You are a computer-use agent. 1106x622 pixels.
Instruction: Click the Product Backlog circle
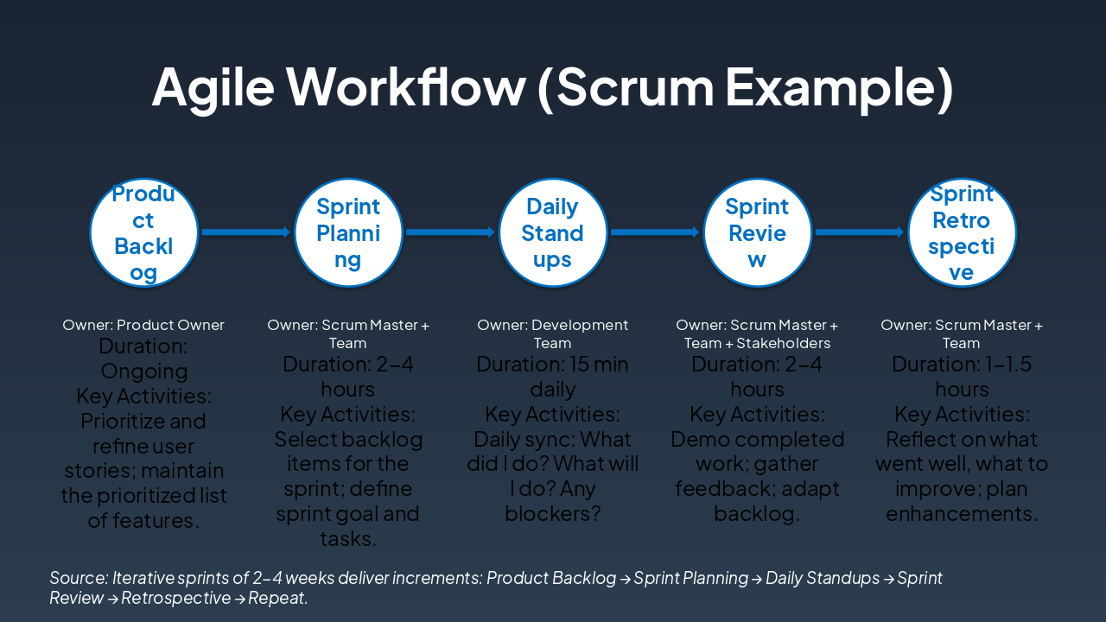pyautogui.click(x=144, y=232)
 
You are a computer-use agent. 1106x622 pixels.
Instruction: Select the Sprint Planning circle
pyautogui.click(x=348, y=232)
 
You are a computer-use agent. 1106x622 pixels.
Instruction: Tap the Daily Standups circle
pyautogui.click(x=553, y=232)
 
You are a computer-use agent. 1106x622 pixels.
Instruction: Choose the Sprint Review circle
pyautogui.click(x=757, y=232)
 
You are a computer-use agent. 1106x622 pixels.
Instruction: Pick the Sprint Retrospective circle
pyautogui.click(x=962, y=232)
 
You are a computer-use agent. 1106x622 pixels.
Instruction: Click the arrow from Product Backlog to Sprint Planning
pyautogui.click(x=245, y=232)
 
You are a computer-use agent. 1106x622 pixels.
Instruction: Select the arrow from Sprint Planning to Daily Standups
pyautogui.click(x=450, y=232)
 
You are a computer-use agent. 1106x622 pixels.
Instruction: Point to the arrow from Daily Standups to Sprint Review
pyautogui.click(x=654, y=232)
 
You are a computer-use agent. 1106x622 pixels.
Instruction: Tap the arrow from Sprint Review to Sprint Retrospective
pyautogui.click(x=859, y=232)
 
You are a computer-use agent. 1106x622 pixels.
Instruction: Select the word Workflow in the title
pyautogui.click(x=405, y=86)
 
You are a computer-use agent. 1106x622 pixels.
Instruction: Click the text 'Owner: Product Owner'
pyautogui.click(x=143, y=326)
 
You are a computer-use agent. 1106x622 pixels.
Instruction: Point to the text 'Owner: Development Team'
pyautogui.click(x=553, y=334)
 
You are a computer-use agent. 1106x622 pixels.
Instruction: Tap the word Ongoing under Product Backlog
pyautogui.click(x=144, y=371)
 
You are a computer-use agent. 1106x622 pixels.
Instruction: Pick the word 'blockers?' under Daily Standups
pyautogui.click(x=553, y=514)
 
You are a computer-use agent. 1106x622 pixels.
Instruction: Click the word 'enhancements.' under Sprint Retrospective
pyautogui.click(x=962, y=514)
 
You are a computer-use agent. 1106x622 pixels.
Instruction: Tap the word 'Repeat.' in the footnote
pyautogui.click(x=278, y=598)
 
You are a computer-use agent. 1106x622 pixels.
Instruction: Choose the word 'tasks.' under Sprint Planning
pyautogui.click(x=348, y=539)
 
